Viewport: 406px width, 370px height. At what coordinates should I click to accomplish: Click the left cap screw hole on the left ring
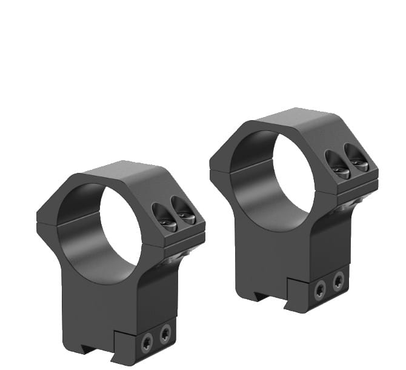click(x=165, y=216)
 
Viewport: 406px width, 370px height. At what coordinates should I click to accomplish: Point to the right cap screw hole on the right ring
click(x=356, y=158)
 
